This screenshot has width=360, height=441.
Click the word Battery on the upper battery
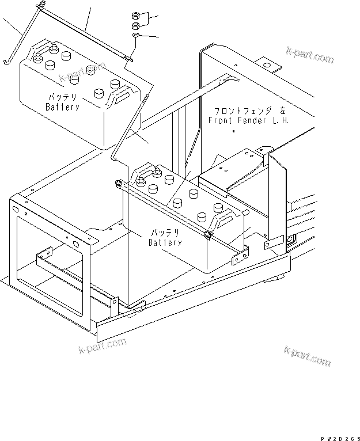(63, 107)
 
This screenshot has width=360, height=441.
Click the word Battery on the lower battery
(165, 242)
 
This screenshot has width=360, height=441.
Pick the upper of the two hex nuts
(135, 14)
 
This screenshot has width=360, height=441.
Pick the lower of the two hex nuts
(135, 26)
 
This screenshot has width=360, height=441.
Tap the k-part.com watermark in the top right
(310, 56)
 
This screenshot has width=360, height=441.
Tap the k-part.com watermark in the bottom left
(102, 347)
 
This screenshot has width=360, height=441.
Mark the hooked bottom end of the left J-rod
(7, 60)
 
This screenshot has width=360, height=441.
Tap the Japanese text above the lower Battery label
(165, 233)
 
